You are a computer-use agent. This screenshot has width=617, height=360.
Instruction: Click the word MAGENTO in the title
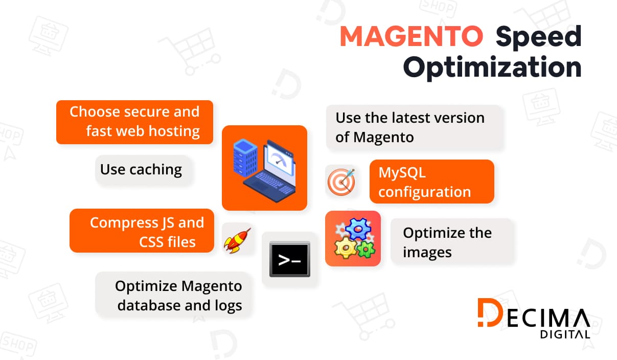pyautogui.click(x=411, y=37)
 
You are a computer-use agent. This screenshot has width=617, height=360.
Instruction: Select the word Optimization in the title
pyautogui.click(x=492, y=68)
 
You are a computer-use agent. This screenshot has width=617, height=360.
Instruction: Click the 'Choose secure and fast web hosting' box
pyautogui.click(x=134, y=122)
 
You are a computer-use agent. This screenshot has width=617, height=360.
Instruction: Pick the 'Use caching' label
pyautogui.click(x=141, y=170)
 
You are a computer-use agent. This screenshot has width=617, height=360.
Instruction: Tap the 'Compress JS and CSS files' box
pyautogui.click(x=142, y=231)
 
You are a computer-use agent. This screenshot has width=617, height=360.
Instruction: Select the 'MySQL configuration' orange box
pyautogui.click(x=431, y=182)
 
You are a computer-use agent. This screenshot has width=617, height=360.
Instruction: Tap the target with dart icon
pyautogui.click(x=340, y=182)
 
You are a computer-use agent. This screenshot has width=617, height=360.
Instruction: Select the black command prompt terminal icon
pyautogui.click(x=289, y=259)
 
